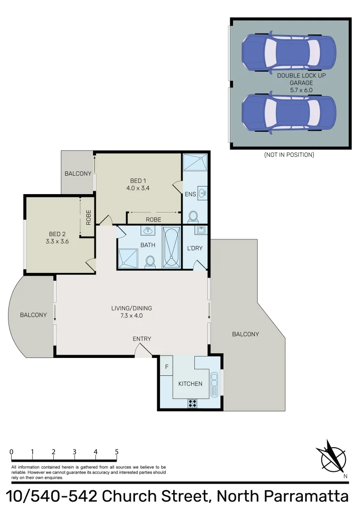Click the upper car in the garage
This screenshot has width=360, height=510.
[x=289, y=51]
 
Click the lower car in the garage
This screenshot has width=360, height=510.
[x=289, y=113]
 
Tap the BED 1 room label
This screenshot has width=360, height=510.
[x=138, y=180]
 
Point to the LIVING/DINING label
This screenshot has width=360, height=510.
[x=132, y=308]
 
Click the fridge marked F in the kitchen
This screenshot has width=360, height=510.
[x=166, y=366]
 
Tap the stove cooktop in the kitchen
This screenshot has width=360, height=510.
[x=193, y=403]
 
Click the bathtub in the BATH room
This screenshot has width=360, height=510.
[x=172, y=247]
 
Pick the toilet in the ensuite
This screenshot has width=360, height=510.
[x=193, y=217]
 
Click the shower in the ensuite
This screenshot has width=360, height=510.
[x=195, y=162]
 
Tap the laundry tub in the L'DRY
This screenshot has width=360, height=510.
[x=200, y=230]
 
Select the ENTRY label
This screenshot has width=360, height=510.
[x=142, y=339]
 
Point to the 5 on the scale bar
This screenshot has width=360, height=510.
[x=117, y=452]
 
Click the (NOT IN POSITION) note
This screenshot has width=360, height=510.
[x=289, y=155]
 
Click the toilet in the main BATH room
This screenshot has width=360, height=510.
[x=150, y=261]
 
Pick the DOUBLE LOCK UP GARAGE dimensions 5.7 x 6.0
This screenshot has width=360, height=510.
[x=301, y=89]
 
